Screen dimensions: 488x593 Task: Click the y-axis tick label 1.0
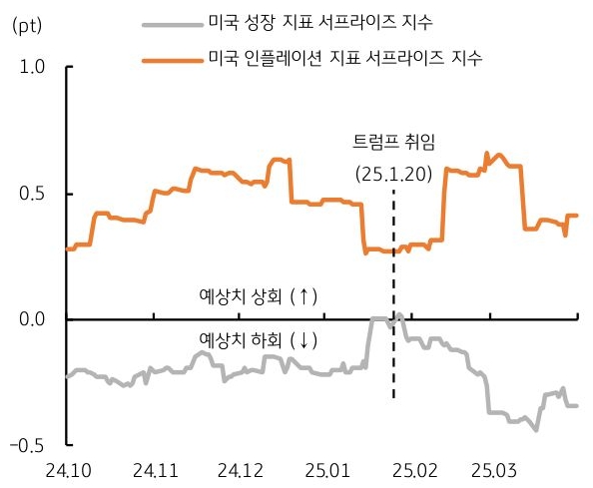[x=33, y=68]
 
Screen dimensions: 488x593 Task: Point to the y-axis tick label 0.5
[x=33, y=194]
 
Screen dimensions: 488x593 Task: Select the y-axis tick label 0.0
[x=33, y=319]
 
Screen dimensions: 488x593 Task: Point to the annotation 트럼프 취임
[x=395, y=142]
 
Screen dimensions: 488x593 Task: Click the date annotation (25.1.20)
[x=393, y=174]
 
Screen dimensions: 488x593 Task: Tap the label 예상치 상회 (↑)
[x=258, y=296]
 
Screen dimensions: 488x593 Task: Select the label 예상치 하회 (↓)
[x=258, y=341]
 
